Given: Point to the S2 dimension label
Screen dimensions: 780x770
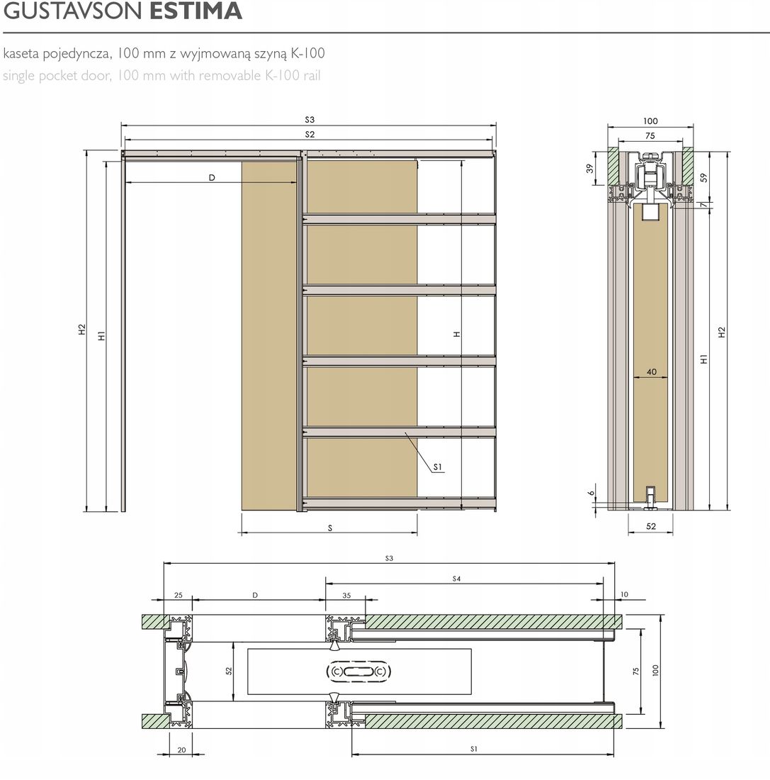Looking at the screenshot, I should pyautogui.click(x=310, y=134).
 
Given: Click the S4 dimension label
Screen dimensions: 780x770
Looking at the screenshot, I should pyautogui.click(x=457, y=579).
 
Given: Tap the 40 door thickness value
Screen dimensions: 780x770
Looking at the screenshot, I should pyautogui.click(x=650, y=372).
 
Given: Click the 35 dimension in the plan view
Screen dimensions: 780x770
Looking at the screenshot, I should pyautogui.click(x=346, y=596).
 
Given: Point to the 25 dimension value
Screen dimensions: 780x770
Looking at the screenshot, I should pyautogui.click(x=178, y=596).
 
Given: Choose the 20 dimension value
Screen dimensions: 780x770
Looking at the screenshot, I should pyautogui.click(x=181, y=749).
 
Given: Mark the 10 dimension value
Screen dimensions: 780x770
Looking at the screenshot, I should pyautogui.click(x=623, y=594).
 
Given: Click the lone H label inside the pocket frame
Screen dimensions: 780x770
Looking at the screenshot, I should pyautogui.click(x=457, y=333).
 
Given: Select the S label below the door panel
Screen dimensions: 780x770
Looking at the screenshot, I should pyautogui.click(x=330, y=528).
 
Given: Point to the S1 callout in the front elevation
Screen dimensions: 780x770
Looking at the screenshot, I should pyautogui.click(x=438, y=467).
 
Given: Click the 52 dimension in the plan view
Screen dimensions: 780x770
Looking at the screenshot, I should pyautogui.click(x=230, y=671).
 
